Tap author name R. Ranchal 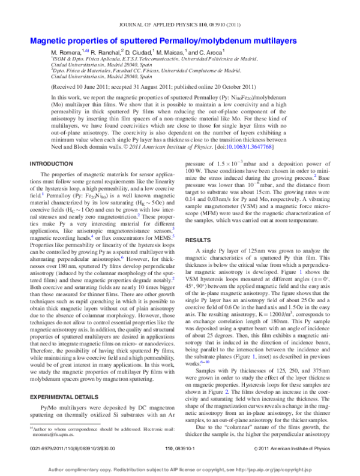click(x=108, y=53)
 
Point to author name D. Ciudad click(x=143, y=53)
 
